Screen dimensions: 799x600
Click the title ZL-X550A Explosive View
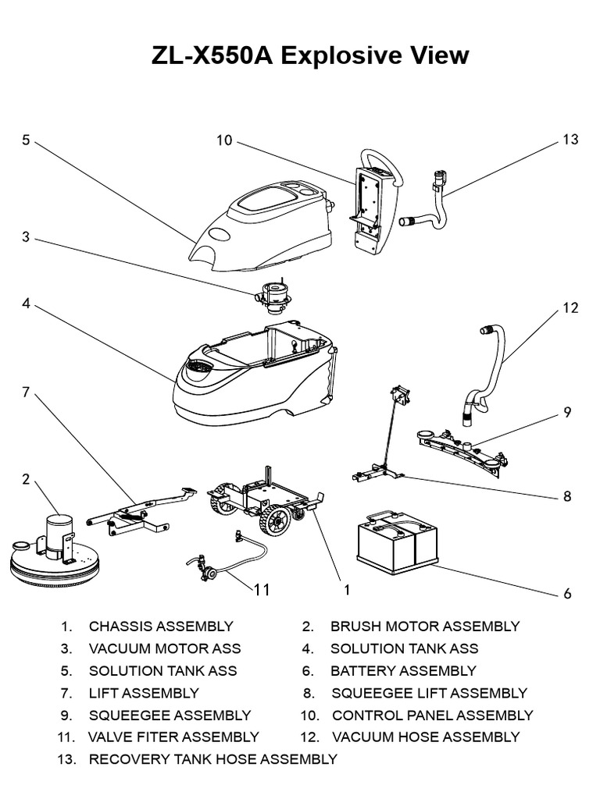pos(299,55)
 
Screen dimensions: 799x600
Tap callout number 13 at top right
pos(570,140)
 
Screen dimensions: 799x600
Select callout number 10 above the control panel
pos(225,140)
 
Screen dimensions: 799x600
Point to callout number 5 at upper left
pos(26,140)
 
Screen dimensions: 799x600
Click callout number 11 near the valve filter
pos(262,590)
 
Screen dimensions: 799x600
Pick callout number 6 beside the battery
pos(568,594)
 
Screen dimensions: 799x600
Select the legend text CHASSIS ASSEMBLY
pos(161,627)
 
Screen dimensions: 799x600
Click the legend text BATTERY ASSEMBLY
pos(403,671)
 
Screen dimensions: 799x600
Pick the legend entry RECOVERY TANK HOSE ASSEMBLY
pos(213,759)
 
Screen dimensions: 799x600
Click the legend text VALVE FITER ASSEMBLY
pos(173,737)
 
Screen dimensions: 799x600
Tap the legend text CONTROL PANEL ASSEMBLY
pos(433,716)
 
